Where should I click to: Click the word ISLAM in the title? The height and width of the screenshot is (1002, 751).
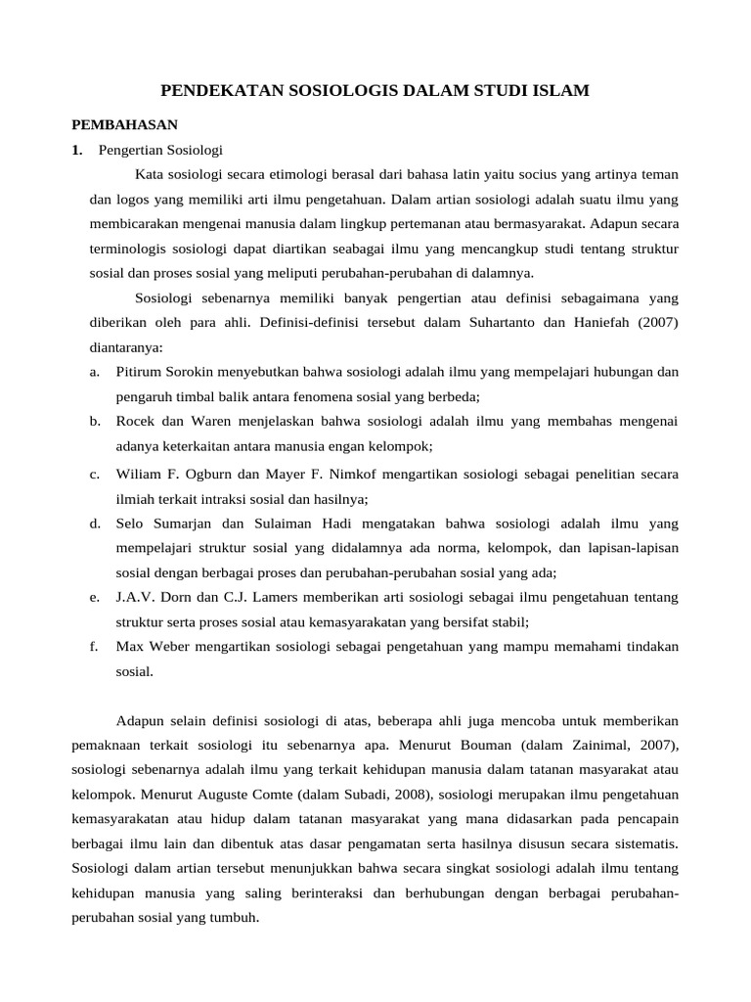(x=561, y=92)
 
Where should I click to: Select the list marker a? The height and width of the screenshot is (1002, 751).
(x=95, y=372)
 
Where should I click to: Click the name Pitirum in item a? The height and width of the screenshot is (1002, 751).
(x=141, y=372)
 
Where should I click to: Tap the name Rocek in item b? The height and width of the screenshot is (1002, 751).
(x=136, y=421)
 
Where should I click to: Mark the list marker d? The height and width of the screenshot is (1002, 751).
(x=95, y=524)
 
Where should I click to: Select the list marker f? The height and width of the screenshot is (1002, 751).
(x=94, y=647)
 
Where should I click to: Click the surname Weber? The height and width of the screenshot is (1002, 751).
(x=170, y=647)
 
